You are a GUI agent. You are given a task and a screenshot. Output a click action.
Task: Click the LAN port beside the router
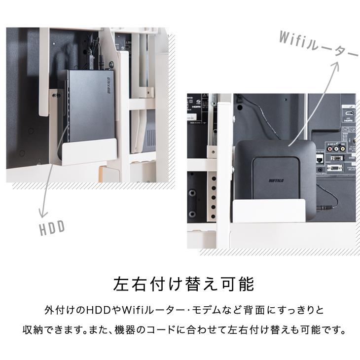(320, 158)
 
